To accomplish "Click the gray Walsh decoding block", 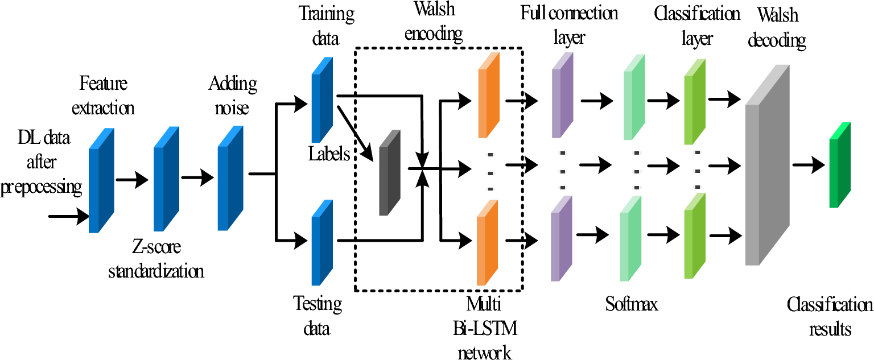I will click(766, 171).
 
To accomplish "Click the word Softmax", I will click(632, 304).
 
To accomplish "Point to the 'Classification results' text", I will click(830, 317).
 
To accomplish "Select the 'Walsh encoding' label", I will click(434, 23).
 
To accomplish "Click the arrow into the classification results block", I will click(808, 165).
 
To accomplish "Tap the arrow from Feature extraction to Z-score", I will click(132, 180).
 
